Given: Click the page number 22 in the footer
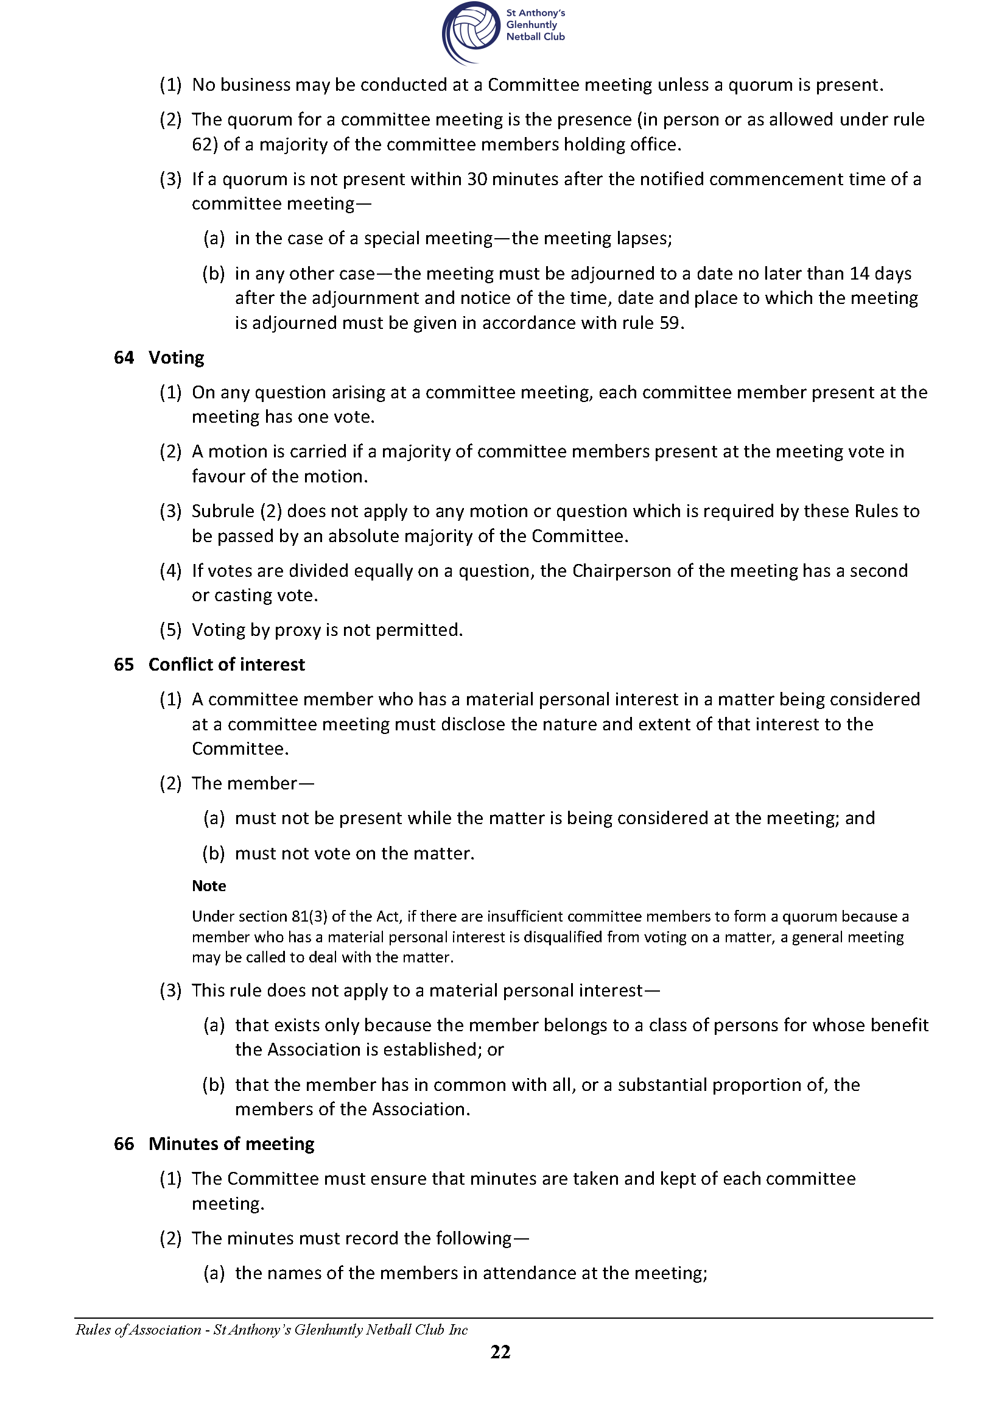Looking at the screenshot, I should pos(500,1352).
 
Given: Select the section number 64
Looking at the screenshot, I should pos(124,358).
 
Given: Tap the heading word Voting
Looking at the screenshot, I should pos(176,358).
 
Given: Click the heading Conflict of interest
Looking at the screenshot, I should pos(226,665).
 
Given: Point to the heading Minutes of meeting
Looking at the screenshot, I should pos(231,1143).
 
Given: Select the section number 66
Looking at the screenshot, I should pos(124,1143).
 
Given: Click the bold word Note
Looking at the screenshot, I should pos(209,886).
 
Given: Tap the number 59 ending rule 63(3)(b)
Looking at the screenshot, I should pos(669,323).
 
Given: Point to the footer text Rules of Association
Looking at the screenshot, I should pos(138,1329).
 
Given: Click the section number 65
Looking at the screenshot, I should pos(124,665).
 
